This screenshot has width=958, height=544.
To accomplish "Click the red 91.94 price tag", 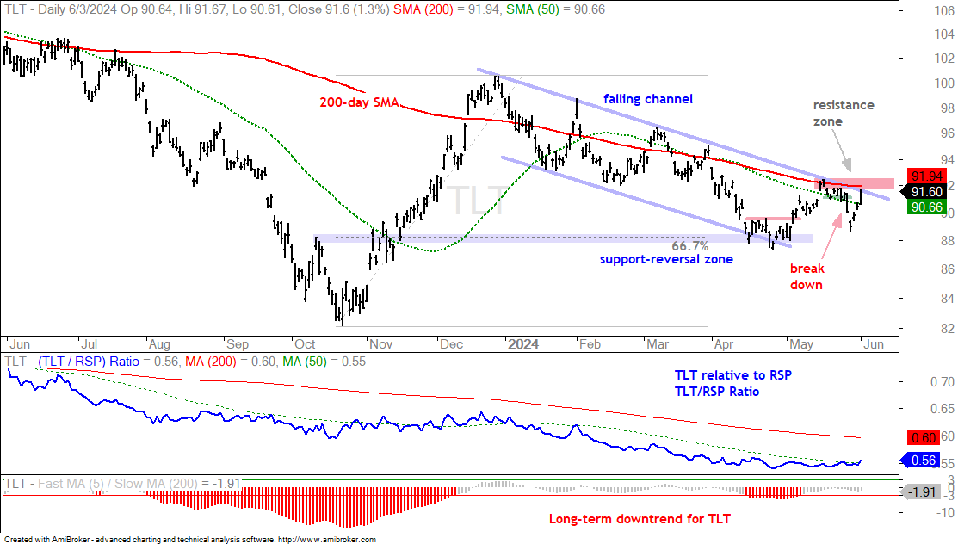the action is pyautogui.click(x=926, y=176).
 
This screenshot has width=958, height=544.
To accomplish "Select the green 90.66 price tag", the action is pyautogui.click(x=926, y=207).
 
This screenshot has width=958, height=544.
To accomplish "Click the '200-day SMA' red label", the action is pyautogui.click(x=359, y=102).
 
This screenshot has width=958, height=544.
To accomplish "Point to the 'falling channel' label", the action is pyautogui.click(x=647, y=99).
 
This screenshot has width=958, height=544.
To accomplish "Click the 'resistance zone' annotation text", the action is pyautogui.click(x=844, y=113).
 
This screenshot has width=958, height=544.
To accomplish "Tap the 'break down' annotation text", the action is pyautogui.click(x=807, y=276).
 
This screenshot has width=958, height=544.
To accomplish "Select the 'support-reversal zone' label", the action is pyautogui.click(x=666, y=259).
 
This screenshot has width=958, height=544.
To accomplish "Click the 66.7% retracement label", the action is pyautogui.click(x=689, y=246).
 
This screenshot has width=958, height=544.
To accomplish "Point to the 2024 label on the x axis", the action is pyautogui.click(x=523, y=344).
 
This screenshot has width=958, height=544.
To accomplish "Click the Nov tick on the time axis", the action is pyautogui.click(x=380, y=344).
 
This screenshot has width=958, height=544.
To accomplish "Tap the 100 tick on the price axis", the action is pyautogui.click(x=944, y=83).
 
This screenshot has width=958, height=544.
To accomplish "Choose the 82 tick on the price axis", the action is pyautogui.click(x=947, y=328).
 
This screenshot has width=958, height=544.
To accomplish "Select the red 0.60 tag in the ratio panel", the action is pyautogui.click(x=924, y=437).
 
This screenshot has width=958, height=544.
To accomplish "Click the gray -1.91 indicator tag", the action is pyautogui.click(x=921, y=492).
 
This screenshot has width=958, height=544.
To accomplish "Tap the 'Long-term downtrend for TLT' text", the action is pyautogui.click(x=640, y=519).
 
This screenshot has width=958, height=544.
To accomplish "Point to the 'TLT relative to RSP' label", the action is pyautogui.click(x=733, y=375).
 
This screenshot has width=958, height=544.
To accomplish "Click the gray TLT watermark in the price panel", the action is pyautogui.click(x=477, y=200).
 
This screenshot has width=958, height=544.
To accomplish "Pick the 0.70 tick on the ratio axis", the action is pyautogui.click(x=942, y=382).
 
